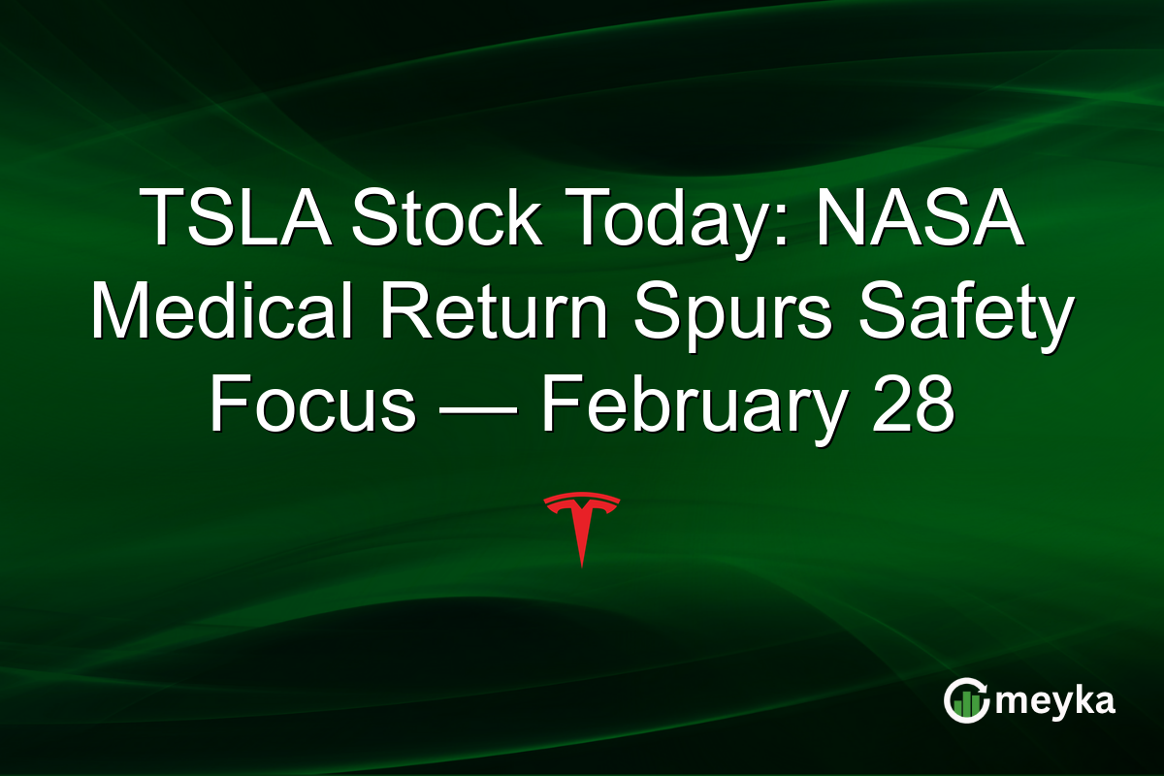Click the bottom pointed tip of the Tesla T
pos(582,565)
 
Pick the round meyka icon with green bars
pos(967,700)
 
